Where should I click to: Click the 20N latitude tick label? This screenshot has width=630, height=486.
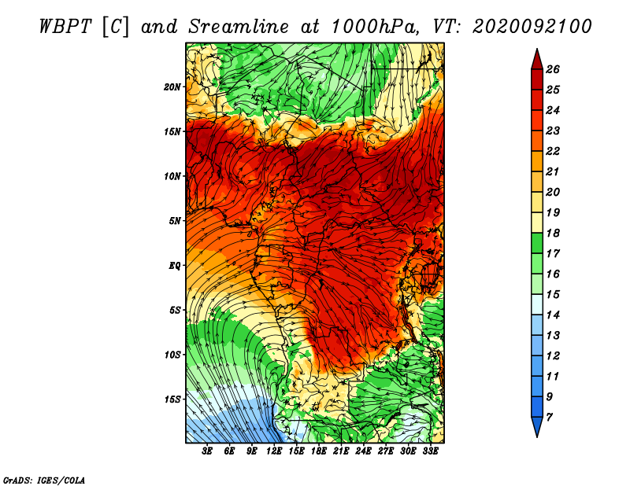[x=172, y=87]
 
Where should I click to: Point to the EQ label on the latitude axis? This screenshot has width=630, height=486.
[x=174, y=266]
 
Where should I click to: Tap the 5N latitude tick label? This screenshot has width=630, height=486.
[x=174, y=221]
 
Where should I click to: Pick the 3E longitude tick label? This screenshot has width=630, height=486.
[x=207, y=451]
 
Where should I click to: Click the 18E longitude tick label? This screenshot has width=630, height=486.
[x=319, y=451]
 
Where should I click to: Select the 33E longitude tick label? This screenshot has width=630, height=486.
[x=430, y=451]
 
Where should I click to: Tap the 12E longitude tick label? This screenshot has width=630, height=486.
[x=274, y=451]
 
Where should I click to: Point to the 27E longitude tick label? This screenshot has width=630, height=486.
[x=386, y=451]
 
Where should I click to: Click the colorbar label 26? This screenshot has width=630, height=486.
[x=553, y=69]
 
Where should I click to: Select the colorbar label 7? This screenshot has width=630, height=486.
[x=549, y=418]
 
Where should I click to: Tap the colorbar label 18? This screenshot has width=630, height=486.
[x=553, y=233]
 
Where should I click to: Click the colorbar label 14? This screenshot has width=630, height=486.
[x=553, y=315]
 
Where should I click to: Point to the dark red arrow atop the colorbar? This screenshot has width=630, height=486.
[x=537, y=60]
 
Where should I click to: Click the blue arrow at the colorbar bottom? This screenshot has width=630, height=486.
[x=537, y=426]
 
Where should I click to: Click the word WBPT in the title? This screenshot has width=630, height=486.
[x=65, y=27]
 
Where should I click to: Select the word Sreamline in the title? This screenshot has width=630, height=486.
[x=239, y=27]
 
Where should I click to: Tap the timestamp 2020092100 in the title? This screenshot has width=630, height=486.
[x=532, y=27]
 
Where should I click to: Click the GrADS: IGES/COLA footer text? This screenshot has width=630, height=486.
[x=44, y=480]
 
